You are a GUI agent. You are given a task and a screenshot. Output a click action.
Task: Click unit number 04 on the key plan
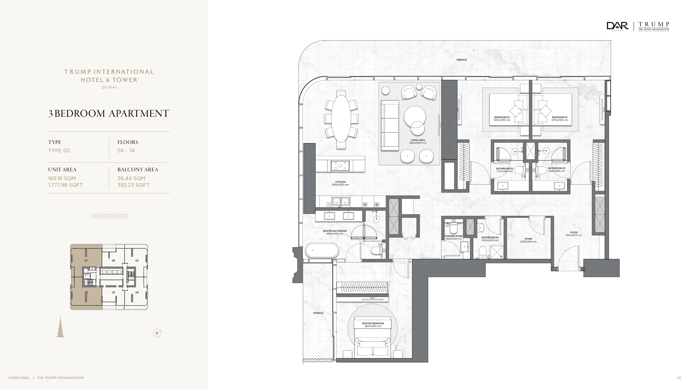pyautogui.click(x=137, y=292)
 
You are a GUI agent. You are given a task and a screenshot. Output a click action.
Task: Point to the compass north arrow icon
pyautogui.click(x=157, y=333)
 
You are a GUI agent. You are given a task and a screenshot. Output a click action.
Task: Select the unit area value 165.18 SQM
pyautogui.click(x=62, y=178)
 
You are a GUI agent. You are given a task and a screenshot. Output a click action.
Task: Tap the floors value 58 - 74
pyautogui.click(x=126, y=151)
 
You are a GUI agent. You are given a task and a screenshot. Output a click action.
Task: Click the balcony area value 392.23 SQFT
pyautogui.click(x=133, y=185)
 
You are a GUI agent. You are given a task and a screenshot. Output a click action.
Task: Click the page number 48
pyautogui.click(x=679, y=378)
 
